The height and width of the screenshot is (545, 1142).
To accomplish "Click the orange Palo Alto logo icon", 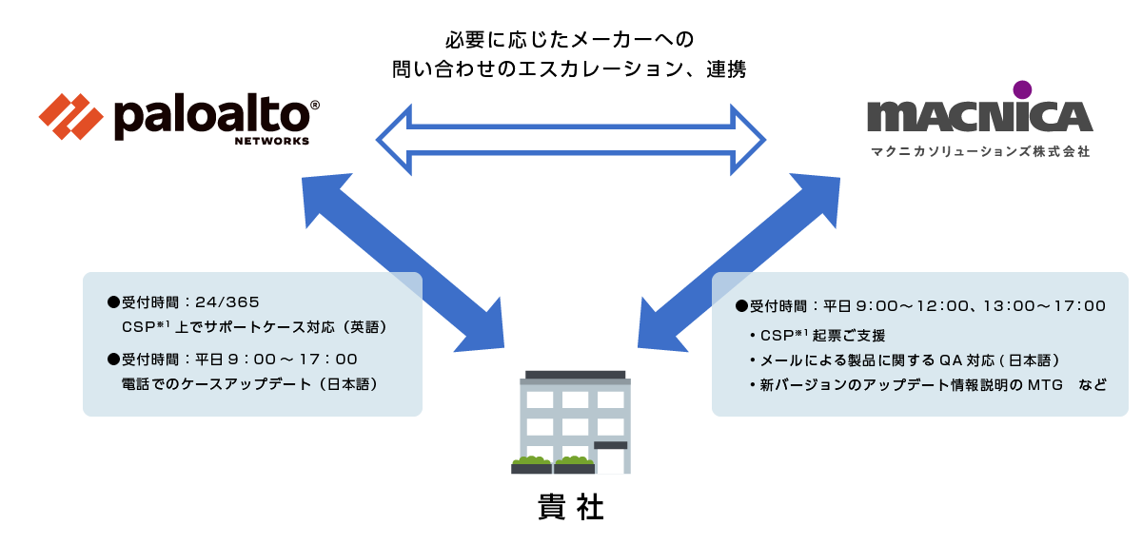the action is pos(70,117).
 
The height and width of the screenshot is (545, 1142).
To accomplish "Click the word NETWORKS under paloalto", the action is pos(272,141).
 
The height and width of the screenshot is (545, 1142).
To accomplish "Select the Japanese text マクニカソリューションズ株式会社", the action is pos(980,152).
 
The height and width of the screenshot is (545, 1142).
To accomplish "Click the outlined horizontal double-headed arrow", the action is pos(570,140).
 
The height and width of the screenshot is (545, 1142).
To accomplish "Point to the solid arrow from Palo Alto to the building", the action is pos(403,263).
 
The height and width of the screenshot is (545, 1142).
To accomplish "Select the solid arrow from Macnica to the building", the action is pos(738,263).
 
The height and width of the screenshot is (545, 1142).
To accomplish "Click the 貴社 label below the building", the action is pos(570,507).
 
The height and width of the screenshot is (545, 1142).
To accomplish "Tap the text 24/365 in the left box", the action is pos(227,302).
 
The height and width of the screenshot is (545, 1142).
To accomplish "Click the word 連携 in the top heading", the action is pos(726,69).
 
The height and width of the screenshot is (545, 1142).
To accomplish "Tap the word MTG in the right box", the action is pos(1045,385).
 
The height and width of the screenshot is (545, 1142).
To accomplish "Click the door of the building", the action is pos(610,461).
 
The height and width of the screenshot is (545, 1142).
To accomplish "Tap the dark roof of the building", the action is pos(575,376).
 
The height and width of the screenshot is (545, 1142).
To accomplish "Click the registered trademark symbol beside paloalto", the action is pos(315,105).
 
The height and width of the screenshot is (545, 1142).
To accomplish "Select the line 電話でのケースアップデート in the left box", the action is pos(216,384).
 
